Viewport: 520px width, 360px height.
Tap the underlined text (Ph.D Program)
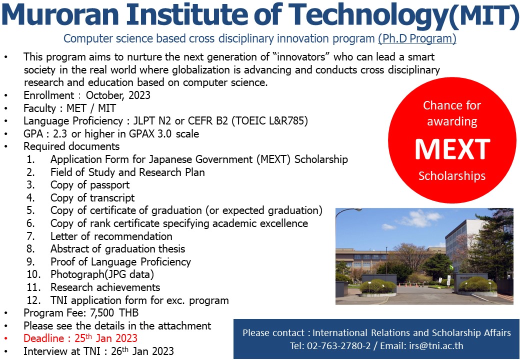click(x=417, y=38)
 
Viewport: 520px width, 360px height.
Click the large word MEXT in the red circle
click(x=452, y=149)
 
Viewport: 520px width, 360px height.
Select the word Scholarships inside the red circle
click(x=452, y=176)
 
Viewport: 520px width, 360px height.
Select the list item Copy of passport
click(x=90, y=185)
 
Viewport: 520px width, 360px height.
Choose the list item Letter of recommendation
click(x=111, y=236)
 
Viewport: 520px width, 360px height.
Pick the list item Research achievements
click(x=105, y=287)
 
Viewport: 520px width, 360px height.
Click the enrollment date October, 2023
click(x=118, y=95)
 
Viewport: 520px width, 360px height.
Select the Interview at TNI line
click(x=98, y=351)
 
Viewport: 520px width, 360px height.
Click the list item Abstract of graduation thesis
click(x=117, y=249)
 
